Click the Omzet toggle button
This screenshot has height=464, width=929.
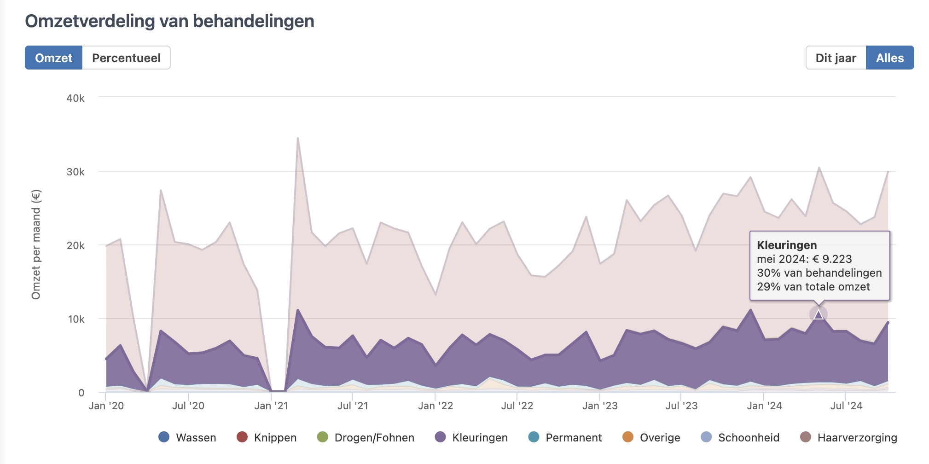pos(53,58)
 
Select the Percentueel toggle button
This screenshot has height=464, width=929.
pos(126,58)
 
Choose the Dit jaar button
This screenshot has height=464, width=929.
pos(836,58)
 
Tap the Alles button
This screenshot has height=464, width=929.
pos(889,58)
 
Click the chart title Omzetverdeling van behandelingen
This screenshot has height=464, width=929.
pos(169,21)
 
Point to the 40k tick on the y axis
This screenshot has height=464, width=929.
pos(75,98)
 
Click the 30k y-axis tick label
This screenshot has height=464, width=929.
pos(75,172)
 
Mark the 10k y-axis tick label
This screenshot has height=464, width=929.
pos(76,319)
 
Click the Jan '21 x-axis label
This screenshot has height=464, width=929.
pos(271,406)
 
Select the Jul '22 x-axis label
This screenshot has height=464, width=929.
pos(517,406)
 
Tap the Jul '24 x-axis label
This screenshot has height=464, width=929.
pos(846,406)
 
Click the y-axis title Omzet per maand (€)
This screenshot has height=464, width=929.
pos(36,244)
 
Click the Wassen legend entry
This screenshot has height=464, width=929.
pos(187,437)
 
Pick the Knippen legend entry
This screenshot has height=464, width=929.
pos(267,437)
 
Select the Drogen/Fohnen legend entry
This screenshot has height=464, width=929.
pos(366,437)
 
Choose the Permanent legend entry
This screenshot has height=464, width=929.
pos(565,437)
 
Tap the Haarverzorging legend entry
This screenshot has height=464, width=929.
pos(849,437)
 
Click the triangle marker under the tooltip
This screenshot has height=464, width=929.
pos(818,315)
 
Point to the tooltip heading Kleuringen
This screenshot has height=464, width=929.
pos(787,245)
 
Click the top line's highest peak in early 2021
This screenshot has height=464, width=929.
pos(298,138)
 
